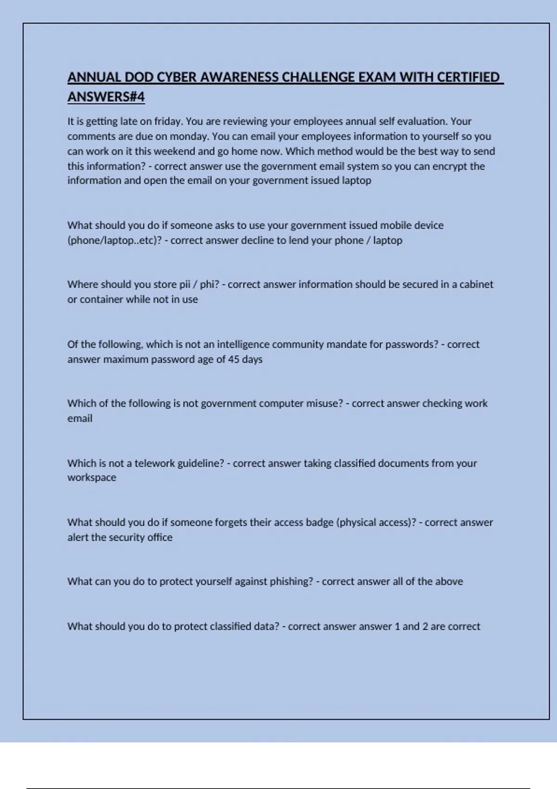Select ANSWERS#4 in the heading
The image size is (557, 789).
click(x=106, y=97)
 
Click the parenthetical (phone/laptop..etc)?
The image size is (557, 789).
click(x=115, y=240)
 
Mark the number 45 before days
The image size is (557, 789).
click(x=233, y=359)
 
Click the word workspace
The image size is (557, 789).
click(x=91, y=478)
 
